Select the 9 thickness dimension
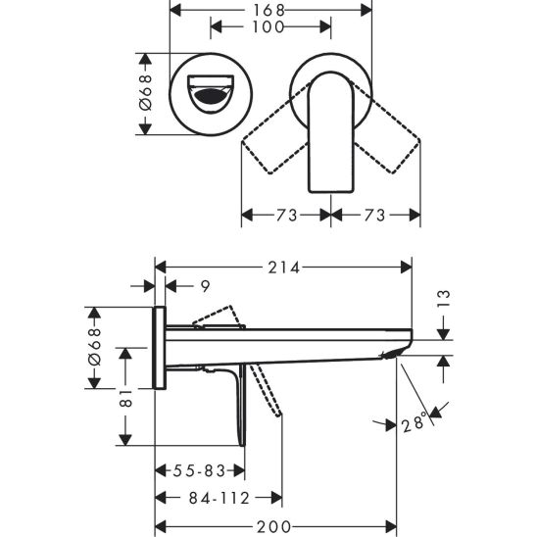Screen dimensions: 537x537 click(x=205, y=286)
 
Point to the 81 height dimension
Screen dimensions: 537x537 click(x=125, y=396)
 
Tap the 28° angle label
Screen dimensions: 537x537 click(x=415, y=423)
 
